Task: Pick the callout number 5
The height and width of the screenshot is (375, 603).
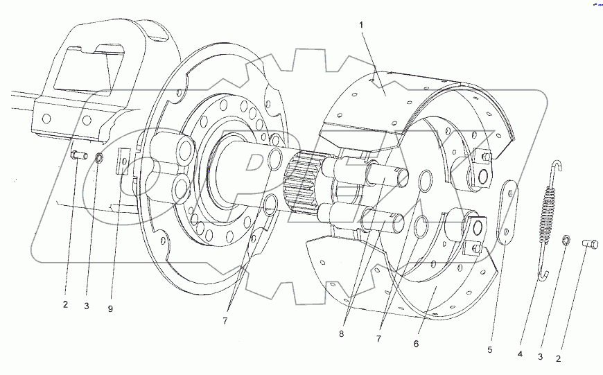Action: click(489, 351)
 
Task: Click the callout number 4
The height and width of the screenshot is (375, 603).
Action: click(520, 354)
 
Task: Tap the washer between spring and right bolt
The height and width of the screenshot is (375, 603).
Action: click(567, 242)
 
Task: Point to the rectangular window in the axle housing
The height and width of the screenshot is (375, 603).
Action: click(83, 67)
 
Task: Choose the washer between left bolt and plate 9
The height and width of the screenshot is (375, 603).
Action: click(99, 159)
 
